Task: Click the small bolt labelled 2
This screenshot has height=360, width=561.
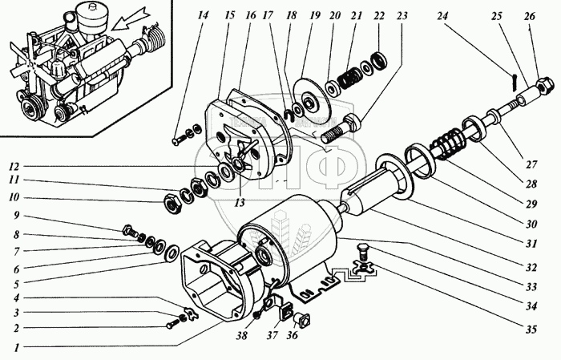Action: [x=175, y=324]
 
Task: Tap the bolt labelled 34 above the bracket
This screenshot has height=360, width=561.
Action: [x=363, y=249]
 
